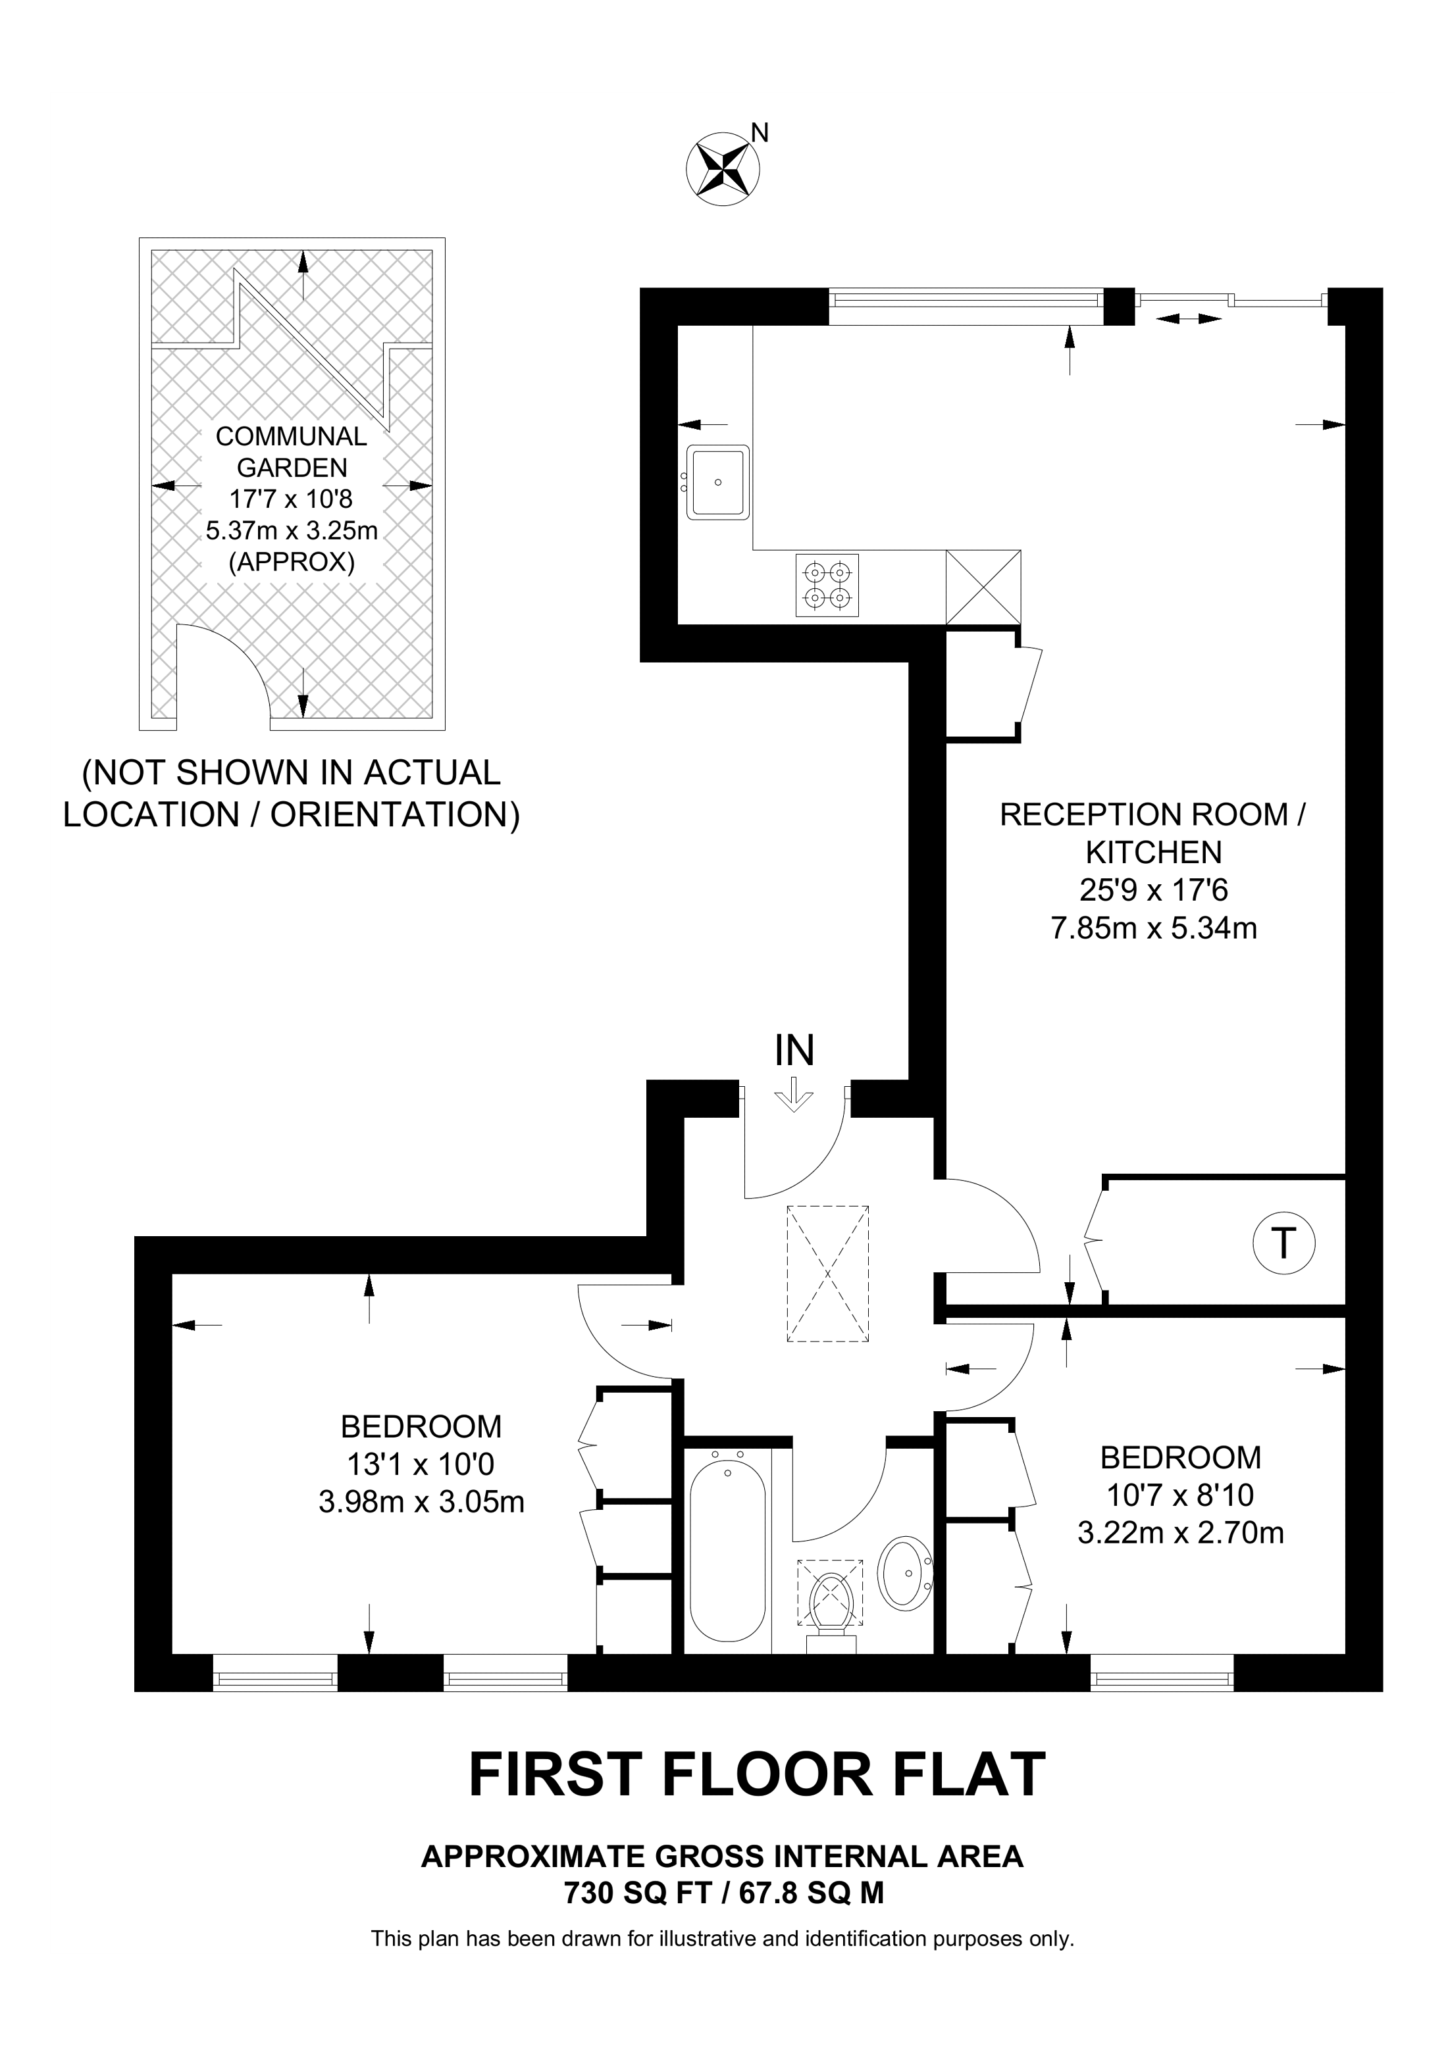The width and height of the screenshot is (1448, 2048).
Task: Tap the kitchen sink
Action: coord(717,482)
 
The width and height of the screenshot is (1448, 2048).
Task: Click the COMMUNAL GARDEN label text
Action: coord(292,451)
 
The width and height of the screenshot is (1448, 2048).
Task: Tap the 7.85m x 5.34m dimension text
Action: coord(1154,928)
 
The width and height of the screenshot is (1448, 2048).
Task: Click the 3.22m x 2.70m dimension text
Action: coord(1180,1532)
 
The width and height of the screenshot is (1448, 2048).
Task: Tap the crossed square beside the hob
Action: coord(983,587)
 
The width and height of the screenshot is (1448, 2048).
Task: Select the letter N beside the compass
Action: coord(760,133)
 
